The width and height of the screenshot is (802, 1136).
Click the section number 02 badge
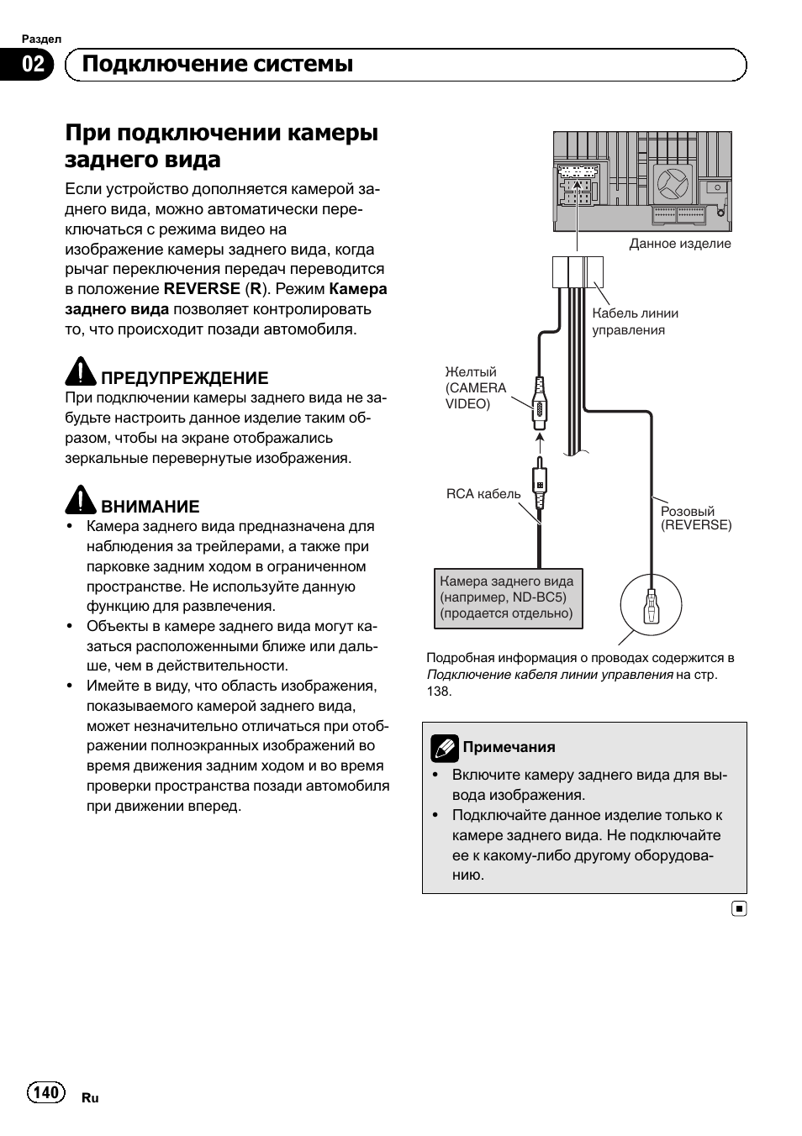click(x=33, y=65)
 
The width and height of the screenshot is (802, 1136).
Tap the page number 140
click(x=46, y=1091)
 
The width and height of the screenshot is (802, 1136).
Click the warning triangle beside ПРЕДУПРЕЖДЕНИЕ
click(x=81, y=372)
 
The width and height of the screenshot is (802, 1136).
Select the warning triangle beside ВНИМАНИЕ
click(x=81, y=500)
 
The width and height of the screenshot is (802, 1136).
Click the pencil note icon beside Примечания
click(x=445, y=747)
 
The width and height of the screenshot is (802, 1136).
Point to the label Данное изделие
click(x=680, y=244)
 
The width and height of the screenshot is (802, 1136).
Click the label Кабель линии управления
click(x=635, y=321)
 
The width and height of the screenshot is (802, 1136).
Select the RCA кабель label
click(x=483, y=494)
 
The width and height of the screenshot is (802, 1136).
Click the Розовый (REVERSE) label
click(x=696, y=518)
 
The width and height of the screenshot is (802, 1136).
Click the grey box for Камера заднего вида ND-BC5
click(x=509, y=597)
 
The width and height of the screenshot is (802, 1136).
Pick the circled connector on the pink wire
click(x=651, y=605)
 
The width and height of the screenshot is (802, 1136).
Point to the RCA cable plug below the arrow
click(x=541, y=486)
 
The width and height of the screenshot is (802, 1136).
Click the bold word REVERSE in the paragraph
click(x=202, y=289)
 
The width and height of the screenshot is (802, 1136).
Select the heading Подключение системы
click(x=218, y=65)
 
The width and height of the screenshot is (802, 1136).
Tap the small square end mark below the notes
click(x=738, y=909)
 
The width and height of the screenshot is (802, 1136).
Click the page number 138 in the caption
click(x=439, y=692)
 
